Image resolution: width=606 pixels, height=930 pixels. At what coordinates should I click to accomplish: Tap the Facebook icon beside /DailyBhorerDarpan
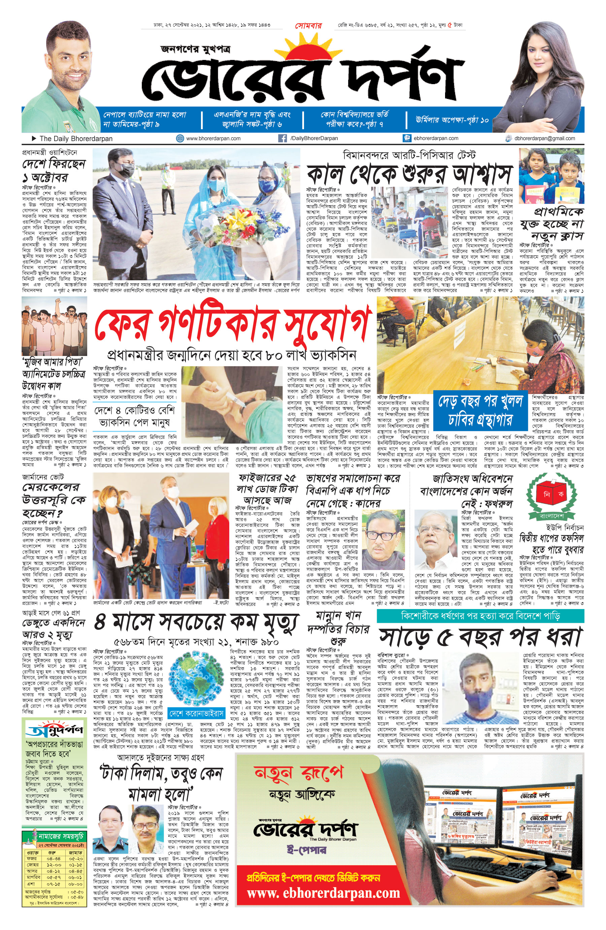pos(282,138)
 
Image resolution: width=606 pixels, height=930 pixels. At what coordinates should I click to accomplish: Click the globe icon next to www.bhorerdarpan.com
pos(180,138)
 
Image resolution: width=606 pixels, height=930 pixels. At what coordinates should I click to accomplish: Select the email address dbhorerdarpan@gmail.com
pos(545,138)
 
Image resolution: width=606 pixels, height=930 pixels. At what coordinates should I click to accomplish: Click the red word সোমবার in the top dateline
pos(308,26)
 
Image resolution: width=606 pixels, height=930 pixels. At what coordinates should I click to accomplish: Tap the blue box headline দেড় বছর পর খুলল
pos(480,401)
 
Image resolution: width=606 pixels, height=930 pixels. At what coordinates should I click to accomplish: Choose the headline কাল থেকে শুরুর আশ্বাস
pos(409,174)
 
